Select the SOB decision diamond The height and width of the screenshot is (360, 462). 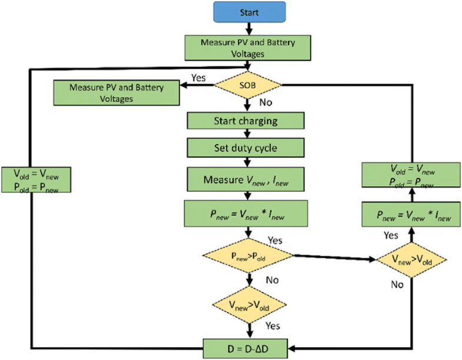click(x=245, y=86)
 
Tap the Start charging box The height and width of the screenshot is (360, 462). click(x=245, y=122)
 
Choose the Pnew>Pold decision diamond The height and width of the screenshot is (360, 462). click(x=247, y=256)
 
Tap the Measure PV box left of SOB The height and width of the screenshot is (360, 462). click(x=116, y=93)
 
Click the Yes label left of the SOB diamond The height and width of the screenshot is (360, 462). click(x=198, y=77)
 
